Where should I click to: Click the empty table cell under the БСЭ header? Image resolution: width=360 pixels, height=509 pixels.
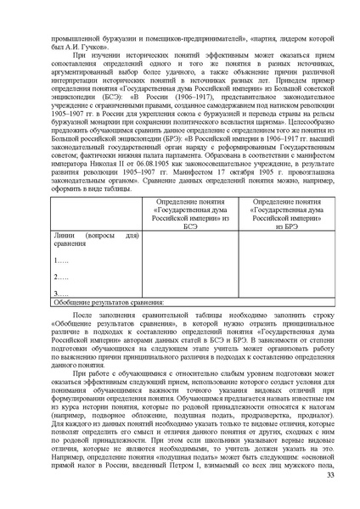point(191,262)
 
